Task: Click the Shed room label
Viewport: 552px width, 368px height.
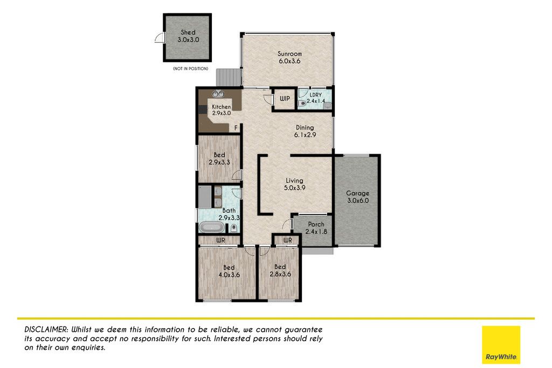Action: (188, 32)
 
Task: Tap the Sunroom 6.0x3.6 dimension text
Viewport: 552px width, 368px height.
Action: (289, 61)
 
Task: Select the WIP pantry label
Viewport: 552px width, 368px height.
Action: (285, 99)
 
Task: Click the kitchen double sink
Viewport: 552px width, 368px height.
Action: (218, 94)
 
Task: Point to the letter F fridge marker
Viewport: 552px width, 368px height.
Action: (236, 128)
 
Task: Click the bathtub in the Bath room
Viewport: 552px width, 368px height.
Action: (211, 227)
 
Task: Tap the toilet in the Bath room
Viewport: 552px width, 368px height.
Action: (233, 228)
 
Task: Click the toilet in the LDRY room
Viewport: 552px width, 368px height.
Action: (302, 103)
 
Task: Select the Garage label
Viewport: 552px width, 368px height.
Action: (358, 193)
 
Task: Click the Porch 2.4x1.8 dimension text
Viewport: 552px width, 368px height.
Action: (316, 232)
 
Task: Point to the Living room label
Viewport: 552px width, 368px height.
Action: (294, 180)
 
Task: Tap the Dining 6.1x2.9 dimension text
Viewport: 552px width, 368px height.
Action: (305, 135)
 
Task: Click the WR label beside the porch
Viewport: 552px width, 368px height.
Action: (288, 240)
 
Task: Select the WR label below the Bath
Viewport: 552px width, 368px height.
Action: (220, 240)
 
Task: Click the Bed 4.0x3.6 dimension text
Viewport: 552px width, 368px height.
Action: (229, 275)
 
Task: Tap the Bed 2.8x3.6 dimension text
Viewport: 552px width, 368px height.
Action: (280, 274)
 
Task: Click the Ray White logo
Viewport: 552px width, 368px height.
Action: (501, 345)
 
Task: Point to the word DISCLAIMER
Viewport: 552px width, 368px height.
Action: (46, 330)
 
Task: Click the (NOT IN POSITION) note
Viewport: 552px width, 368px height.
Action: (190, 68)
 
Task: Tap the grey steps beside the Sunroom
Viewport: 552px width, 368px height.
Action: (229, 77)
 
